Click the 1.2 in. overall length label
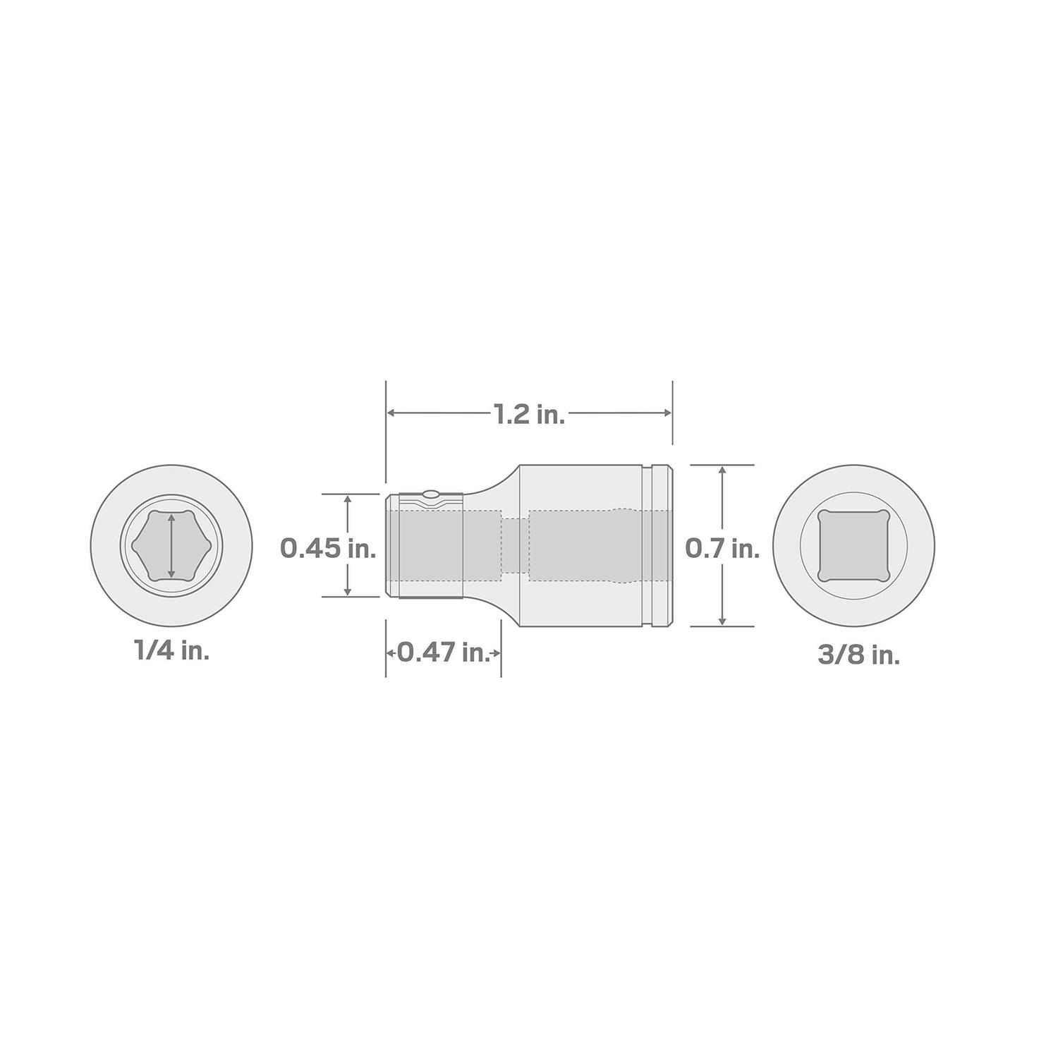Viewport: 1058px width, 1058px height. (529, 415)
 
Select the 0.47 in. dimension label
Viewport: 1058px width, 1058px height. (444, 652)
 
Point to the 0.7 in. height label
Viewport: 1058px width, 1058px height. (722, 547)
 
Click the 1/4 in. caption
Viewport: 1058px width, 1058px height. (171, 651)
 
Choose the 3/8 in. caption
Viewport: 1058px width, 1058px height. (858, 655)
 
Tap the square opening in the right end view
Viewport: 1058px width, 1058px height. (853, 545)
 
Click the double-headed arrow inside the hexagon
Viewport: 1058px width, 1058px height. (171, 545)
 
